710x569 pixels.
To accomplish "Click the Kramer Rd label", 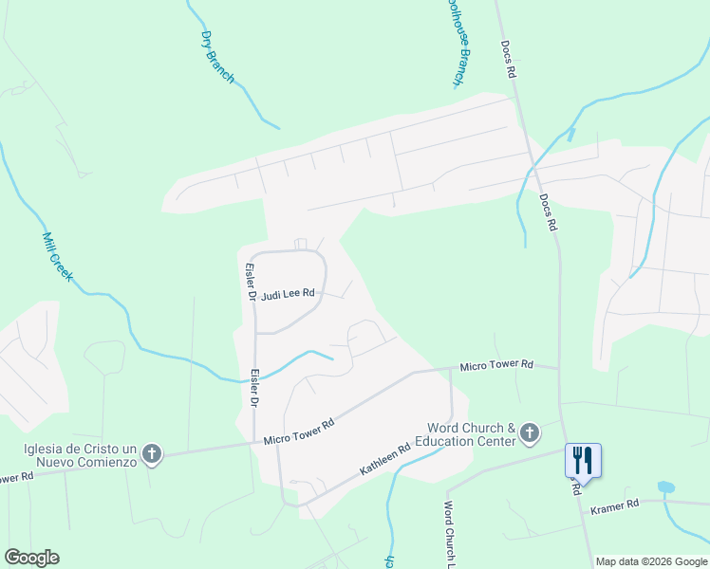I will pyautogui.click(x=614, y=509).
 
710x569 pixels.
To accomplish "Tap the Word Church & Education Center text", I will pyautogui.click(x=471, y=434).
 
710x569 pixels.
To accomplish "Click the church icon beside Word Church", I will pyautogui.click(x=530, y=434).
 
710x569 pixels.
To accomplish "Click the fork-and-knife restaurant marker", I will pyautogui.click(x=582, y=461).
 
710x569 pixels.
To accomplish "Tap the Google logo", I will pyautogui.click(x=31, y=558).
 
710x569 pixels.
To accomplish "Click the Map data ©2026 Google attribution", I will pyautogui.click(x=651, y=561).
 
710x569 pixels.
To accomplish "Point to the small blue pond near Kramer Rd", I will pyautogui.click(x=666, y=487).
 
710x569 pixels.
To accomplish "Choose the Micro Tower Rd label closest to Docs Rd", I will pyautogui.click(x=497, y=365).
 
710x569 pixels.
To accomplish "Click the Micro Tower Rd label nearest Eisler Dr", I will pyautogui.click(x=299, y=431).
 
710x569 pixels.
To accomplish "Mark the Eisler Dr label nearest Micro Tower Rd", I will pyautogui.click(x=255, y=389).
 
